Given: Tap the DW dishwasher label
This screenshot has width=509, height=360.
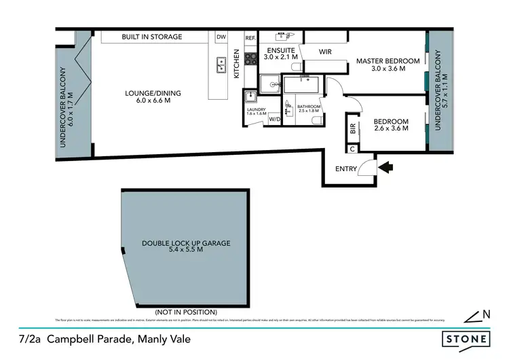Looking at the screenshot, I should click(x=221, y=37).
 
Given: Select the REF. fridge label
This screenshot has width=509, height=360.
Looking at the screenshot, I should click(x=249, y=38).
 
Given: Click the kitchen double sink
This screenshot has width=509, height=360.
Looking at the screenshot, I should click(x=221, y=65).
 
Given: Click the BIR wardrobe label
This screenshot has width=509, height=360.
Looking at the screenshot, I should click(x=353, y=127).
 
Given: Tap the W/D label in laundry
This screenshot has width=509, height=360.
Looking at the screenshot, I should click(x=274, y=120).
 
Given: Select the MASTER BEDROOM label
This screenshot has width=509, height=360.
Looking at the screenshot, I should click(x=388, y=61).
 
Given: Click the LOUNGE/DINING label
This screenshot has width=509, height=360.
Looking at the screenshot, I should click(x=153, y=94).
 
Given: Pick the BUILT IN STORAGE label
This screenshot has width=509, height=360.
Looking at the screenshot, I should click(x=151, y=37).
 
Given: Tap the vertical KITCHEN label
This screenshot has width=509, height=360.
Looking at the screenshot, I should click(x=237, y=64).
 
